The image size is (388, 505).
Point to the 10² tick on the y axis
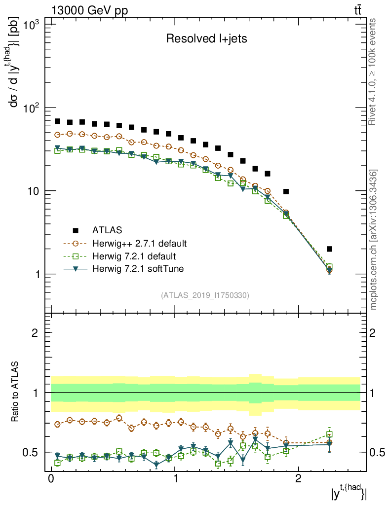(x=32, y=108)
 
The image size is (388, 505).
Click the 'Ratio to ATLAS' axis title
(x=15, y=392)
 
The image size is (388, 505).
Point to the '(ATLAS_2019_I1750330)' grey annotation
(x=205, y=295)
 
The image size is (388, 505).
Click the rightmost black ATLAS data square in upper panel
(x=329, y=249)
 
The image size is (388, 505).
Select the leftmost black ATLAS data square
(x=57, y=121)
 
